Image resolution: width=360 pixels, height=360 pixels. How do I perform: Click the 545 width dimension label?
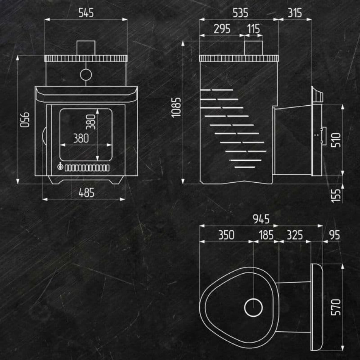[x=86, y=13]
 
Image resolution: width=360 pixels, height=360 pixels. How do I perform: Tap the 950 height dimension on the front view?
[x=24, y=120]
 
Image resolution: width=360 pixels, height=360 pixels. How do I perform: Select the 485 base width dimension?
[x=86, y=193]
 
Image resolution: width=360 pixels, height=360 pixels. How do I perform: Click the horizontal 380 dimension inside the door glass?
[x=81, y=138]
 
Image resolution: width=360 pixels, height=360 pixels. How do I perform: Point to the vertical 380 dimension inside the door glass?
[x=91, y=122]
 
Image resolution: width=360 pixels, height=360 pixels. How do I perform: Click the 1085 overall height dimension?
[x=176, y=108]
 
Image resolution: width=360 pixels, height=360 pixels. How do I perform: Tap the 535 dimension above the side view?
[x=240, y=13]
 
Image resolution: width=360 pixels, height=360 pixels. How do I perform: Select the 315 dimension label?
[x=295, y=13]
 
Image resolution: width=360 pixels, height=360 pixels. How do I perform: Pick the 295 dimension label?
[x=222, y=29]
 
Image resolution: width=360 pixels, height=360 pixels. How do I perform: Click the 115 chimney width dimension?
[x=254, y=29]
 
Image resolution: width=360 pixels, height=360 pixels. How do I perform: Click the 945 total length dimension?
[x=261, y=219]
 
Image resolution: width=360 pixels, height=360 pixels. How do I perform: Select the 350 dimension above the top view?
[x=226, y=235]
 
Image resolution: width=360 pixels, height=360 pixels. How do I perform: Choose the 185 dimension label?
[x=266, y=235]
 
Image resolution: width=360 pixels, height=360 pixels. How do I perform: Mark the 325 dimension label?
[x=295, y=235]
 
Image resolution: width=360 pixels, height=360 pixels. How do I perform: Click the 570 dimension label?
[x=336, y=307]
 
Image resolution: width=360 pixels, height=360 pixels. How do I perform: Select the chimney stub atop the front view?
[x=86, y=48]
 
